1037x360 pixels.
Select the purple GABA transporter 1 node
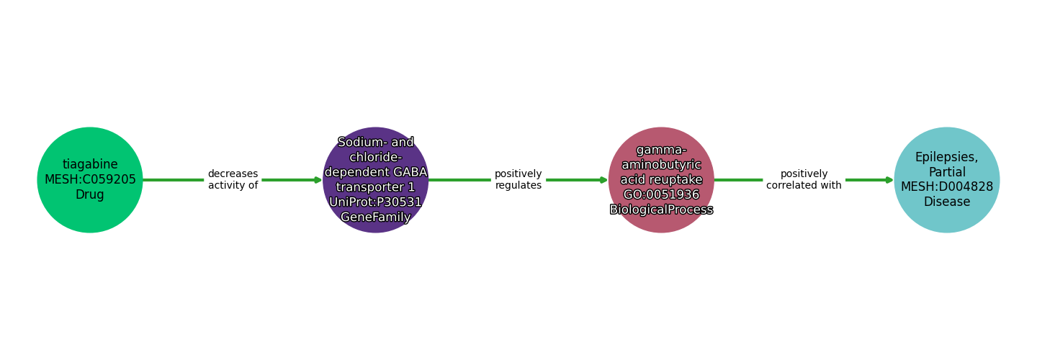pyautogui.click(x=375, y=180)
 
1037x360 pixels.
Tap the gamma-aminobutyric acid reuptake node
pyautogui.click(x=661, y=180)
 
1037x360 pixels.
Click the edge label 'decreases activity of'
pyautogui.click(x=233, y=180)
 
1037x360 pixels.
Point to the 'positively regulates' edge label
pyautogui.click(x=518, y=180)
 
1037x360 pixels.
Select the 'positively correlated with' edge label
pyautogui.click(x=804, y=180)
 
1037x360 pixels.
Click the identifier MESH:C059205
pyautogui.click(x=90, y=180)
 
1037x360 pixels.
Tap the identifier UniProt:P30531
pyautogui.click(x=375, y=202)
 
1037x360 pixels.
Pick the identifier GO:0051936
pyautogui.click(x=661, y=194)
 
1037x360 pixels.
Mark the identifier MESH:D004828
pyautogui.click(x=946, y=187)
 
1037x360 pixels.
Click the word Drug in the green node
pyautogui.click(x=90, y=195)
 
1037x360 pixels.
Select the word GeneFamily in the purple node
pyautogui.click(x=375, y=217)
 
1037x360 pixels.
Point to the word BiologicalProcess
pyautogui.click(x=661, y=210)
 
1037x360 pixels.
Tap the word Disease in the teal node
pyautogui.click(x=946, y=202)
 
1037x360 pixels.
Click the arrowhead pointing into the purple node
pyautogui.click(x=318, y=180)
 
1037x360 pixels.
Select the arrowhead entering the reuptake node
pyautogui.click(x=603, y=180)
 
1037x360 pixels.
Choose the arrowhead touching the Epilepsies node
pyautogui.click(x=889, y=180)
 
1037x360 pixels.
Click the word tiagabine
pyautogui.click(x=90, y=165)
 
